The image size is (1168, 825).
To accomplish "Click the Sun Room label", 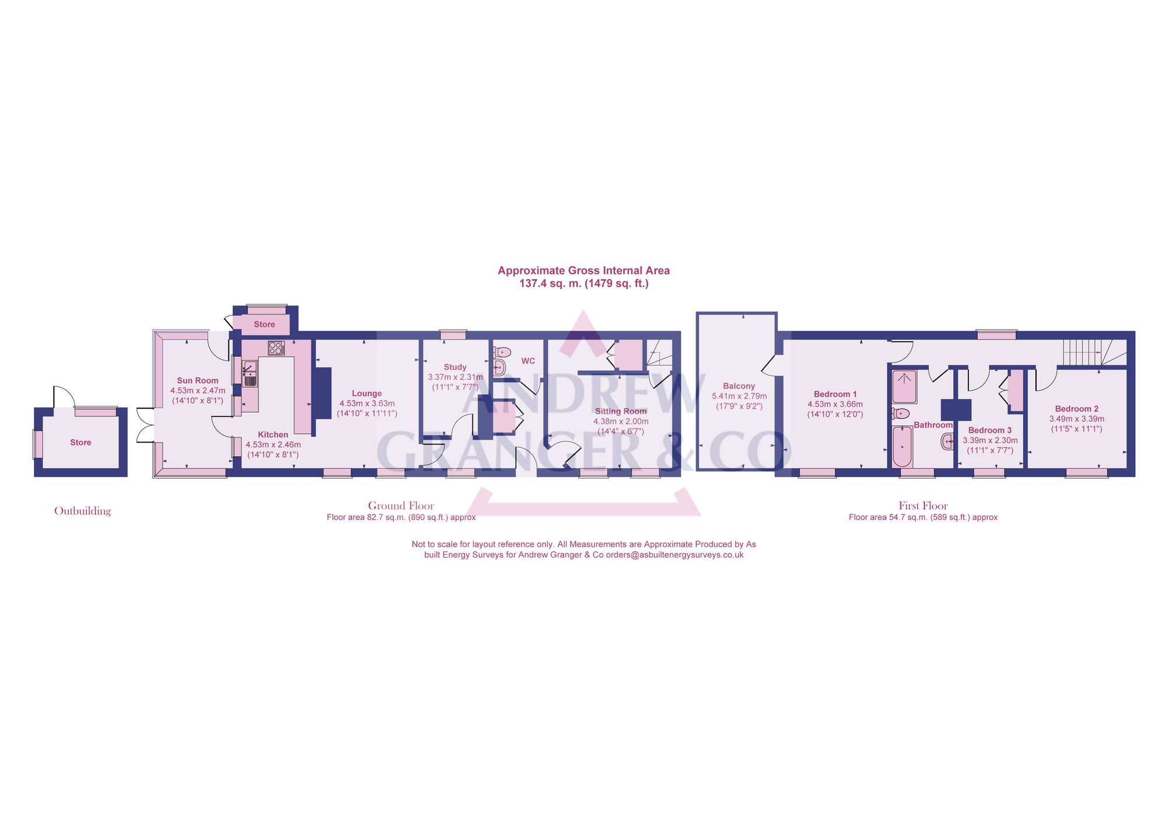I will pyautogui.click(x=197, y=381).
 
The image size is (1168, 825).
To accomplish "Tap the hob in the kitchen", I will pyautogui.click(x=276, y=348).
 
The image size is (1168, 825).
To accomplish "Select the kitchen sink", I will pyautogui.click(x=250, y=374).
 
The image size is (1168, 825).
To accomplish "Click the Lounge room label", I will pyautogui.click(x=367, y=394).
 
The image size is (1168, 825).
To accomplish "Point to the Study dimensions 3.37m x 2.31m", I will pyautogui.click(x=455, y=377).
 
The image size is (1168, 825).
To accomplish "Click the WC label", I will pyautogui.click(x=528, y=361).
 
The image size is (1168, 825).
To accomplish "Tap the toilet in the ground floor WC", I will pyautogui.click(x=502, y=352).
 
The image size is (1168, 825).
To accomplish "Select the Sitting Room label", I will pyautogui.click(x=621, y=411).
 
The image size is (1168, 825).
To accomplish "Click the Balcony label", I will pyautogui.click(x=739, y=386).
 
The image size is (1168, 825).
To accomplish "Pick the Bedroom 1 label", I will pyautogui.click(x=835, y=394).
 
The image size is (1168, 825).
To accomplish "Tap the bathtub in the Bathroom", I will pyautogui.click(x=902, y=447).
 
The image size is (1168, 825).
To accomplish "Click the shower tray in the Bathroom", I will pyautogui.click(x=905, y=386).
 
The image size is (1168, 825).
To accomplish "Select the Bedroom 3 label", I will pyautogui.click(x=990, y=430).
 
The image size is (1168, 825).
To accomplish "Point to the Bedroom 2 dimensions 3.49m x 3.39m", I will pyautogui.click(x=1076, y=419).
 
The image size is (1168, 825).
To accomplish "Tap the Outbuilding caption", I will pyautogui.click(x=82, y=511).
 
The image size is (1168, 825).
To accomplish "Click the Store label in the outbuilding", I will pyautogui.click(x=81, y=443).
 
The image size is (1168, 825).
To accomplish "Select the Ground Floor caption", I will pyautogui.click(x=401, y=506).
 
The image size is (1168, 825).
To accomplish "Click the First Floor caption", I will pyautogui.click(x=923, y=506).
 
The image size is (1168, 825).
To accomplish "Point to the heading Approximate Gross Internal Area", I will pyautogui.click(x=583, y=270).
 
